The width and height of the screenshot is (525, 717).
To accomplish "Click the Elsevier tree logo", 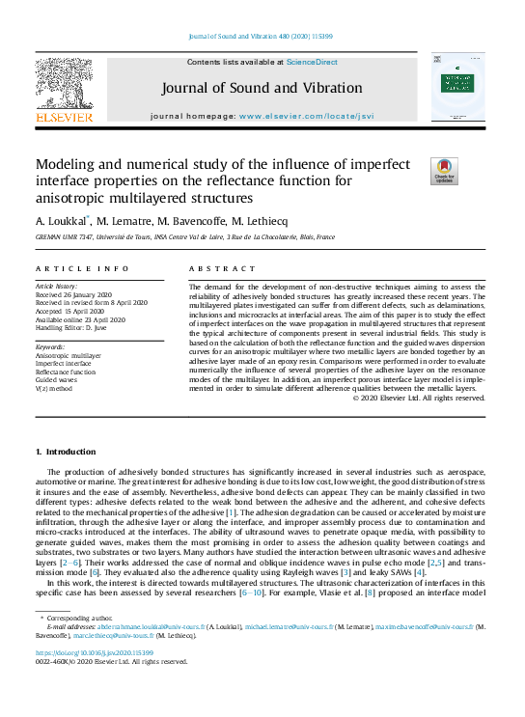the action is point(64,85).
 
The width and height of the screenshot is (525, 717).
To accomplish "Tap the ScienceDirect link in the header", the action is point(311,61).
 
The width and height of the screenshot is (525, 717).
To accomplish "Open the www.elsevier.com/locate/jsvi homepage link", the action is point(306,116).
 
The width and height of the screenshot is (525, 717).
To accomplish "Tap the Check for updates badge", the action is point(445,171).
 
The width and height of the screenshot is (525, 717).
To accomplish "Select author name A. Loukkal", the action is point(62,220).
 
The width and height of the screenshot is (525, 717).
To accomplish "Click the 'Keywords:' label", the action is point(50,346).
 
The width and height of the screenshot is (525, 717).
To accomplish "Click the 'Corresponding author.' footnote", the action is point(77,616).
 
